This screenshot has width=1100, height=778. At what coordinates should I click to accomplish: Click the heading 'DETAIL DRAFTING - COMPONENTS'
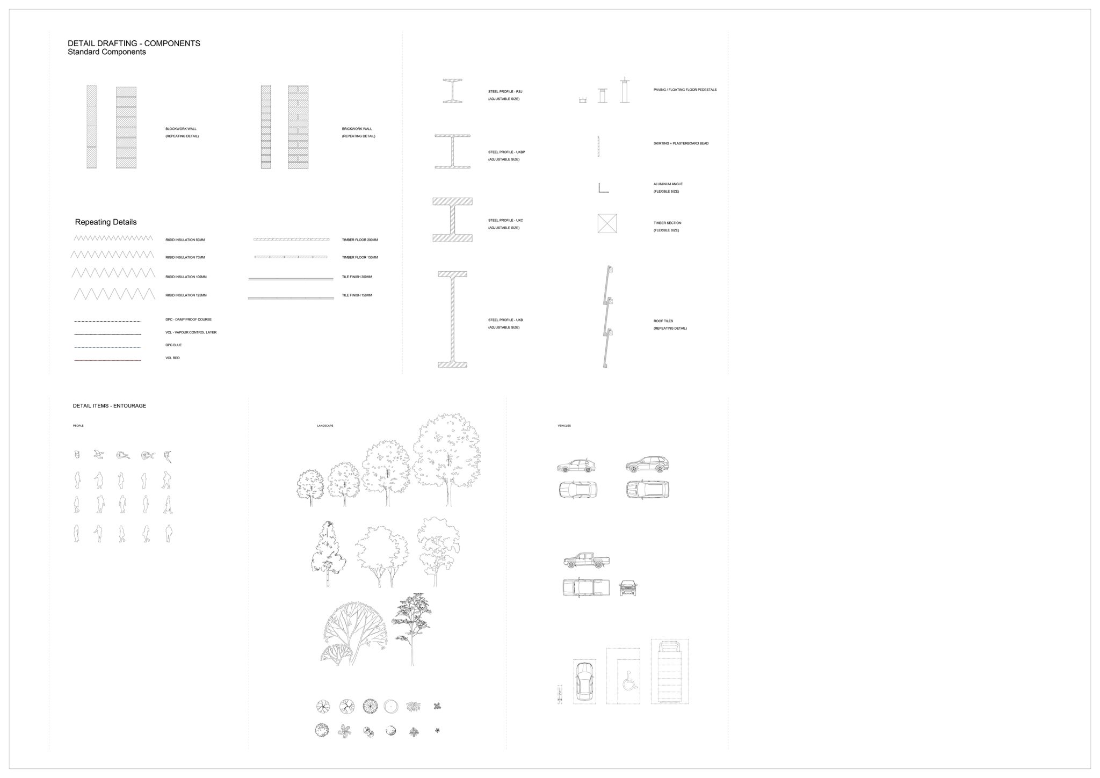134,43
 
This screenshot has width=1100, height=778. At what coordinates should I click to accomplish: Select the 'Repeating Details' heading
106,222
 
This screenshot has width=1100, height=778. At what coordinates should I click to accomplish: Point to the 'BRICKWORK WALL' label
357,129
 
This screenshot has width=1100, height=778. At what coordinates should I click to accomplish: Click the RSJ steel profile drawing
452,91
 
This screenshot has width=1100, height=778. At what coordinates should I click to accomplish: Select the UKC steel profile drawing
452,220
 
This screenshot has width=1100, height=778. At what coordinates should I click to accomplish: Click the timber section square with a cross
607,223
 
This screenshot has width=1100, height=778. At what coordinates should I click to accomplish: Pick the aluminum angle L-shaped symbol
603,188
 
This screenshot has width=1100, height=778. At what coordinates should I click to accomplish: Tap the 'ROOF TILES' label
663,321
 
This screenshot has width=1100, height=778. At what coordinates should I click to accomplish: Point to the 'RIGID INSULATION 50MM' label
185,240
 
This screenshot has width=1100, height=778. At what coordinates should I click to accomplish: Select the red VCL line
107,360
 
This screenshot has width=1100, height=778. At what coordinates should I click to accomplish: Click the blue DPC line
107,347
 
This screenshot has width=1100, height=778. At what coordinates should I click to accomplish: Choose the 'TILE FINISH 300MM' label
357,277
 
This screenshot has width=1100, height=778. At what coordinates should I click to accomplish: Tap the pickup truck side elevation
587,561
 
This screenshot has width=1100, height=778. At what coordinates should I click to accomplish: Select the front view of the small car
628,588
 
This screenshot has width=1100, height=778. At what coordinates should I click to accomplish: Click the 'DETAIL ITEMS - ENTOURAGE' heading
110,406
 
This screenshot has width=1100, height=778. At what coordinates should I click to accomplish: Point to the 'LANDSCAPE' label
325,426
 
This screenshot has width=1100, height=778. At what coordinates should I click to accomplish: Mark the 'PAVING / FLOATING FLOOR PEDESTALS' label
685,90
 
